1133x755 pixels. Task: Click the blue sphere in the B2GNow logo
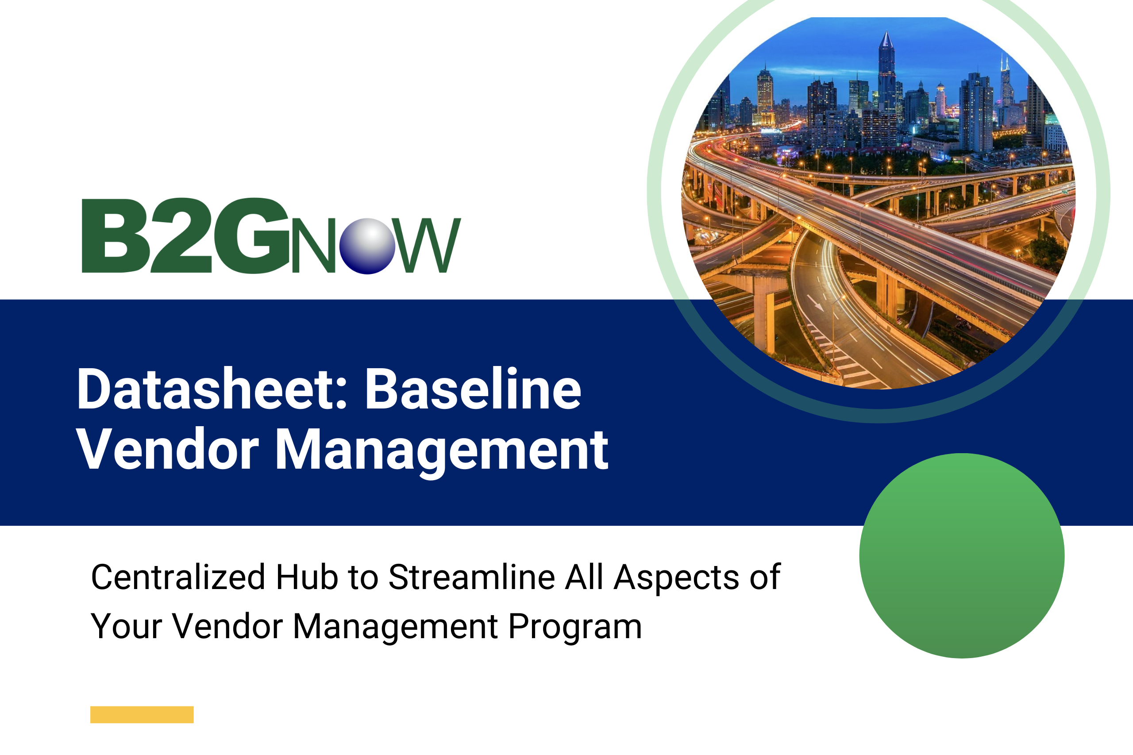(x=367, y=246)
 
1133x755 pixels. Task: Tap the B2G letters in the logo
(x=185, y=236)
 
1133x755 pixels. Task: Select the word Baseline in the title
(x=473, y=389)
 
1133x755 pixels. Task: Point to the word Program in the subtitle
(x=575, y=627)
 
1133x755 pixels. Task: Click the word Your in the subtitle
(x=126, y=627)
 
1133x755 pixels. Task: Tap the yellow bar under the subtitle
(x=142, y=715)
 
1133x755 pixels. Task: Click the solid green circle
(x=962, y=556)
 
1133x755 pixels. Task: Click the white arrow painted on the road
(x=815, y=302)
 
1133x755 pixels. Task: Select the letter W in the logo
(x=428, y=246)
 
